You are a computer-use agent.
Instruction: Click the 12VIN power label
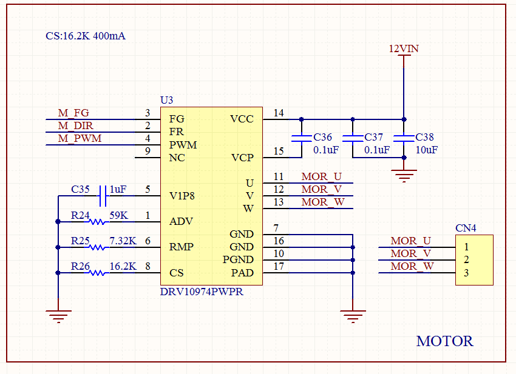point(404,48)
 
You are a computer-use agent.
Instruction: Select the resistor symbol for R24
point(97,222)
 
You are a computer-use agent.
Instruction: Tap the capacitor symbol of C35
point(103,196)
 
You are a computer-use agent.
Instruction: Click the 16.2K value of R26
point(123,266)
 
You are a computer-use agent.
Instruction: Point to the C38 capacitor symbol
point(404,138)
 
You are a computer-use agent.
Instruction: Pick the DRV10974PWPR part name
point(202,292)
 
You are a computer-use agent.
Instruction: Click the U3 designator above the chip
point(166,100)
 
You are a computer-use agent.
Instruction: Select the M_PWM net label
point(80,138)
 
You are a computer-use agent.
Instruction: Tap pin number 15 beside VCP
point(279,151)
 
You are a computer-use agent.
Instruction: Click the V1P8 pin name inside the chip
point(182,196)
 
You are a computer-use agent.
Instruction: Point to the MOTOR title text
point(444,341)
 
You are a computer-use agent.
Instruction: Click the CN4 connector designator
point(466,228)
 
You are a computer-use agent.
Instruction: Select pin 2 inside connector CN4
point(466,259)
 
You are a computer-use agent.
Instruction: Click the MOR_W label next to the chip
point(323,202)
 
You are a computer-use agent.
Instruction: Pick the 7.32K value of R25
point(123,241)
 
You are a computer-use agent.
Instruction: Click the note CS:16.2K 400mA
point(86,36)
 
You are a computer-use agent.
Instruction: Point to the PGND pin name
point(238,259)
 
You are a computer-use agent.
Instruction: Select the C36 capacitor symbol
point(302,138)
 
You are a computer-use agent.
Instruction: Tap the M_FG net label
point(73,113)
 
